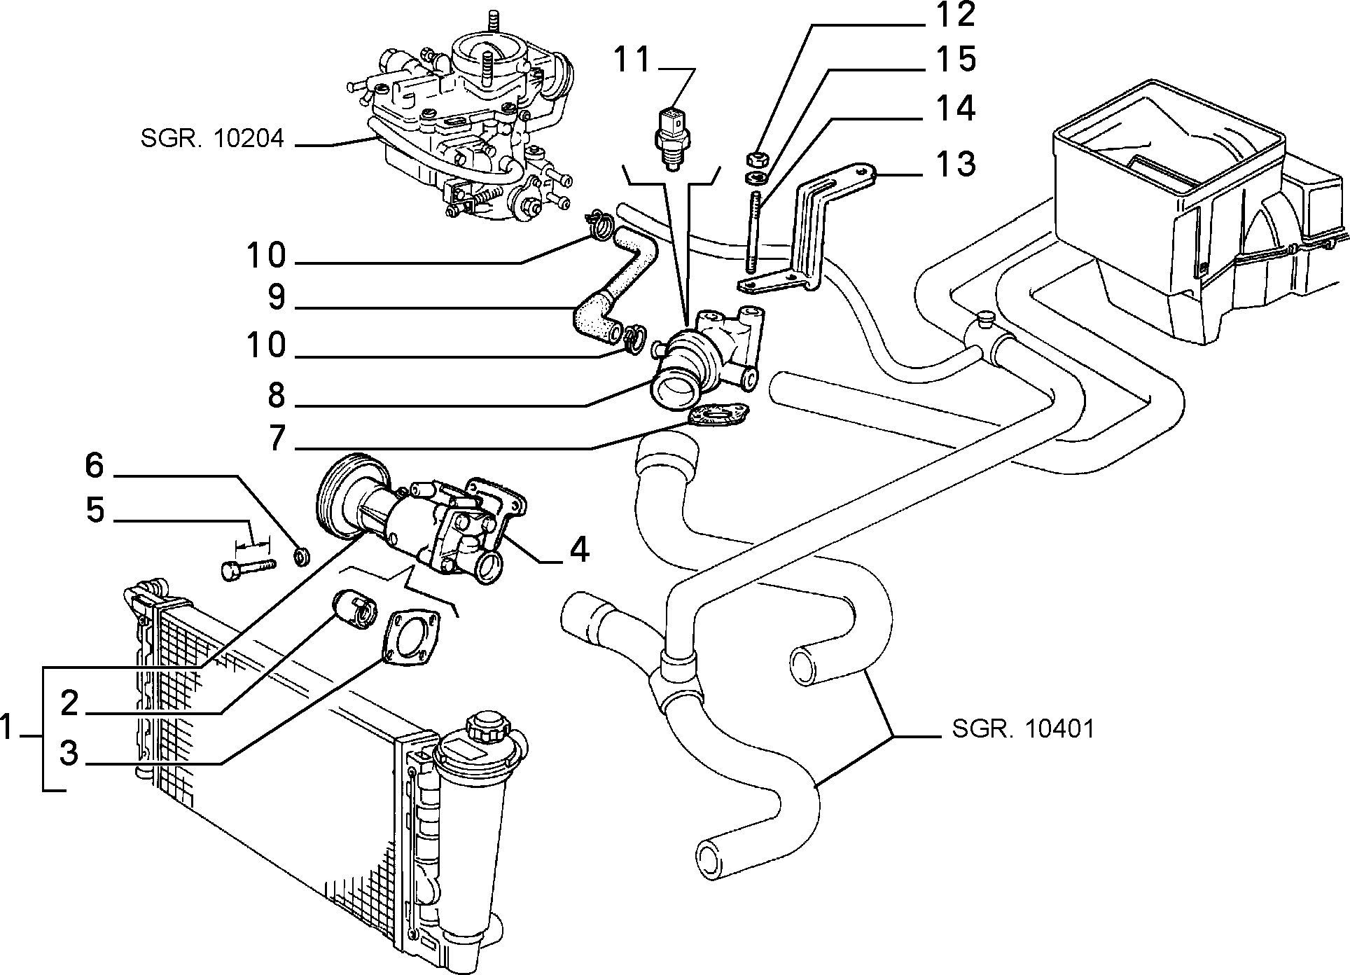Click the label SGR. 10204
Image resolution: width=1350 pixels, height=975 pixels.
(x=212, y=138)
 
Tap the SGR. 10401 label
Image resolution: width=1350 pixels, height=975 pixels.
(x=1022, y=729)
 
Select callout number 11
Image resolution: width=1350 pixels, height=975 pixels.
(x=633, y=60)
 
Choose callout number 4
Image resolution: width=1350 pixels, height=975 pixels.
(x=578, y=551)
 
